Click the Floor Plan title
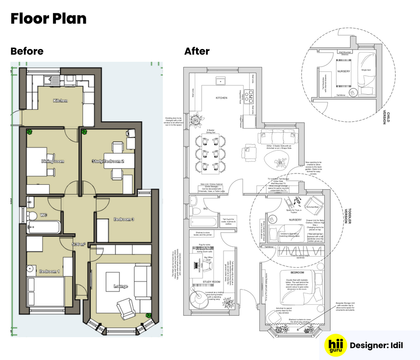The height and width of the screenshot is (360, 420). tap(49, 19)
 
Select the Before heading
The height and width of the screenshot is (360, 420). tap(27, 51)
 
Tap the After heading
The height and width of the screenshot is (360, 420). tap(196, 51)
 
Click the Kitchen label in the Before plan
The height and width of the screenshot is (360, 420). tap(60, 101)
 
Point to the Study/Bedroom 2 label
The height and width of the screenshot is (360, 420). tap(108, 161)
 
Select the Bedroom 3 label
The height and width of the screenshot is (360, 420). tap(124, 219)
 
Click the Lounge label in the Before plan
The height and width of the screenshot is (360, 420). tap(121, 286)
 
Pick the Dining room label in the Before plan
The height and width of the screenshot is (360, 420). tap(52, 161)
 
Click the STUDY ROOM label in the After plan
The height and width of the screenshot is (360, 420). tap(211, 282)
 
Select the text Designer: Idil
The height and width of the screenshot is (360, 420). tap(376, 345)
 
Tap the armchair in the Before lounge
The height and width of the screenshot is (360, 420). tap(125, 307)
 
